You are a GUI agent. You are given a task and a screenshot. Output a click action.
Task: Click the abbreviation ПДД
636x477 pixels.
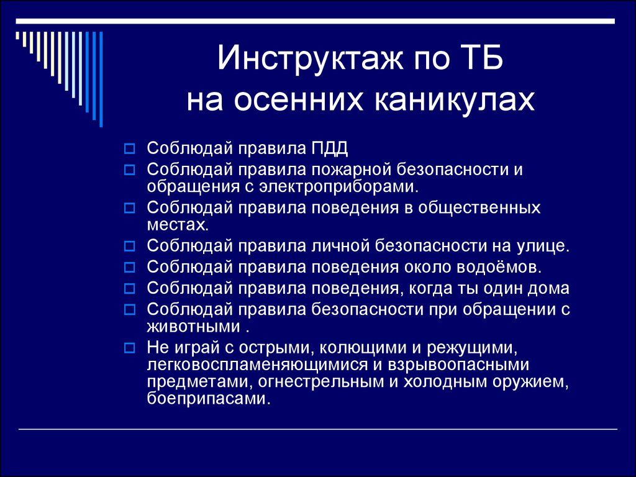(x=330, y=148)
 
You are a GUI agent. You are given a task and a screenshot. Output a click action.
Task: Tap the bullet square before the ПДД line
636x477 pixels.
(x=129, y=149)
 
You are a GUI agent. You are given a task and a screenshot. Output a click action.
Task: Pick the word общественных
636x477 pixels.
(x=479, y=208)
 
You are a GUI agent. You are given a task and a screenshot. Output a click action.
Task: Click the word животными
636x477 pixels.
(x=194, y=327)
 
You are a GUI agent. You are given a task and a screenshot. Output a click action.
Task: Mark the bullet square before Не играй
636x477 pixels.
(x=129, y=348)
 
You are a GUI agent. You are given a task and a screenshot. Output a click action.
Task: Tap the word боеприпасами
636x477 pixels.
(x=209, y=399)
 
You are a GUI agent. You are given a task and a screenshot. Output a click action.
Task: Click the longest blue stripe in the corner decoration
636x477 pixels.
(x=101, y=79)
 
